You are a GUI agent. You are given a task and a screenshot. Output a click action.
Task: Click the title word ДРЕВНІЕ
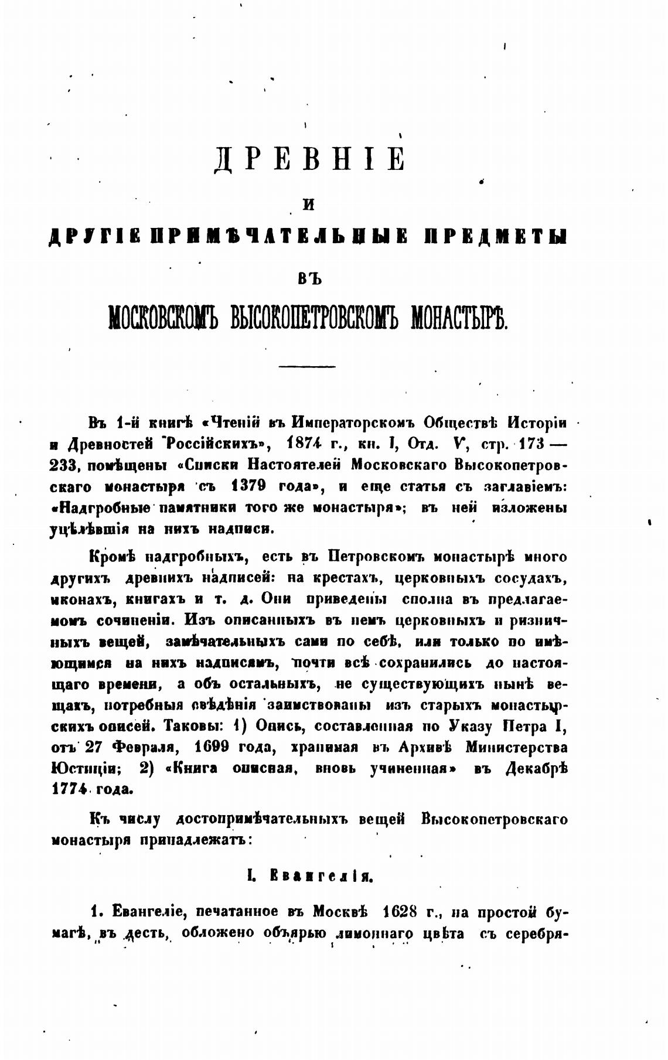point(309,159)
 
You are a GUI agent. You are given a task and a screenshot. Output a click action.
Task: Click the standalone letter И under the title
point(308,205)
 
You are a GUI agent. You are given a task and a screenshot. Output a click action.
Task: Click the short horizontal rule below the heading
point(307,367)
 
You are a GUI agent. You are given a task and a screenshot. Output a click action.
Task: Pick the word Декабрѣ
point(537,769)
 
